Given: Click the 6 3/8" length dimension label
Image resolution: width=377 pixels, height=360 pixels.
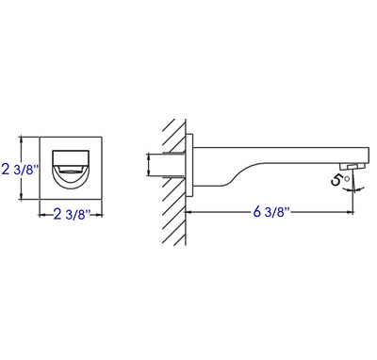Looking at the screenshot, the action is (x=270, y=212).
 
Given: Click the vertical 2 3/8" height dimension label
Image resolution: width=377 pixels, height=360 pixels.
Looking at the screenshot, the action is (x=20, y=170).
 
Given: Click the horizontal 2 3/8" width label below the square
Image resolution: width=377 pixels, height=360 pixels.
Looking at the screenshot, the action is (x=72, y=215).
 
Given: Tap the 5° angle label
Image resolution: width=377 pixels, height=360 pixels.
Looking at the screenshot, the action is (x=339, y=180).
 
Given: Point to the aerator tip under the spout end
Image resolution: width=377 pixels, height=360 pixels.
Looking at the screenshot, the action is (x=352, y=166).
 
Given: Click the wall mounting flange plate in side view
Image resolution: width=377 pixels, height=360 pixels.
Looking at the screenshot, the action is (x=189, y=166).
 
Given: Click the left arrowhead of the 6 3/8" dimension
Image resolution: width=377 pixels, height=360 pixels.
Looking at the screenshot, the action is (x=188, y=212).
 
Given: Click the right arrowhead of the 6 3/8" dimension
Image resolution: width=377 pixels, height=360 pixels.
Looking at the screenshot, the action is (x=350, y=212).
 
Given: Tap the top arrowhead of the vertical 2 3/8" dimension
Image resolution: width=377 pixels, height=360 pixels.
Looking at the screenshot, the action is (x=22, y=139).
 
